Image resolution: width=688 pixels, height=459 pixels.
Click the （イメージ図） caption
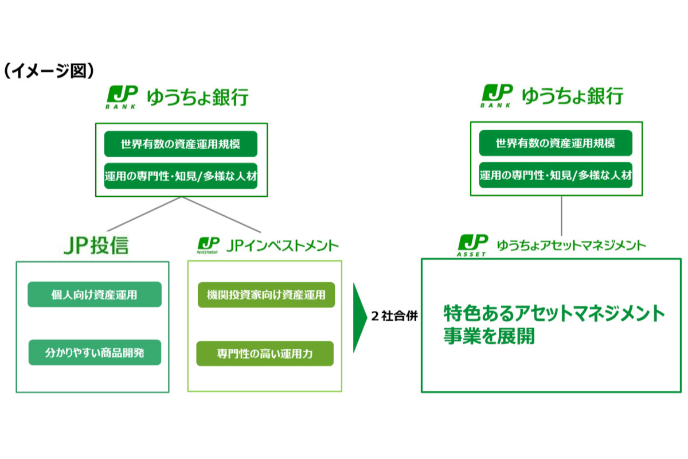click(48, 71)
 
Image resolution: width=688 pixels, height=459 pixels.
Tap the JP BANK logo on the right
click(497, 96)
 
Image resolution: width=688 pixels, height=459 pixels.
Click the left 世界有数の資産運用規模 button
click(181, 144)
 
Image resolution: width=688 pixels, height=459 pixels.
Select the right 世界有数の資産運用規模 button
click(556, 143)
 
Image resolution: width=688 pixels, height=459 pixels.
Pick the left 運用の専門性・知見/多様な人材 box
click(181, 176)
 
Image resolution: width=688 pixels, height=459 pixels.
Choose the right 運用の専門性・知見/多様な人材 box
click(556, 175)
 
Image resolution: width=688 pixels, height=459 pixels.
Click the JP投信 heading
click(96, 246)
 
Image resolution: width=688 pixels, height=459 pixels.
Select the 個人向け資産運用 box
click(95, 295)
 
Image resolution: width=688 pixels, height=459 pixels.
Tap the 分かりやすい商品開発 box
click(95, 353)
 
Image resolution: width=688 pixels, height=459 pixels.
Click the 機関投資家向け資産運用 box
click(266, 295)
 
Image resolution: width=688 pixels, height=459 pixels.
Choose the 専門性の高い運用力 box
click(265, 353)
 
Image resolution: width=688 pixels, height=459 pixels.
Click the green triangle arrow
click(359, 317)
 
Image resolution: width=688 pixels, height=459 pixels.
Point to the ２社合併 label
click(394, 317)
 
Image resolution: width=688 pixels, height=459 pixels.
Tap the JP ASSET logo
click(473, 245)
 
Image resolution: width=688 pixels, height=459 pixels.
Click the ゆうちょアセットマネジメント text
click(571, 246)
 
